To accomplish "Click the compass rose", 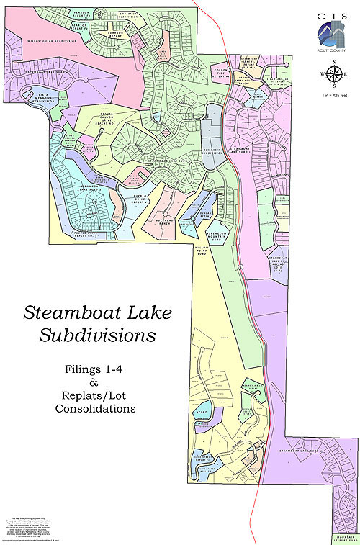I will click(x=333, y=73).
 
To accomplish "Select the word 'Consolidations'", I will click(x=95, y=408).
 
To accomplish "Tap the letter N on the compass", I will click(x=334, y=64).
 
